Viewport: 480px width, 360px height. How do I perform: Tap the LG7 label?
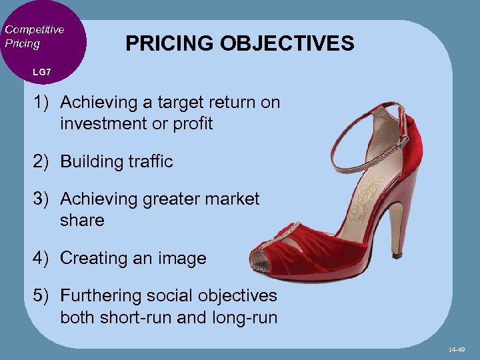point(41,71)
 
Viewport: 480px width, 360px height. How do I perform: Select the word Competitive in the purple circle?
point(35,29)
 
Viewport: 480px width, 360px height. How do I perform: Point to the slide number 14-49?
point(457,349)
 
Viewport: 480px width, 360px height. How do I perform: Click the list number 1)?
point(42,103)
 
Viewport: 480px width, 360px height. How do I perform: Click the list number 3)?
point(42,199)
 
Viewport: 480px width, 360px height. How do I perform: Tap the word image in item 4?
point(183,259)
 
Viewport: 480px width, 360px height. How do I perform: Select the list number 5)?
point(42,295)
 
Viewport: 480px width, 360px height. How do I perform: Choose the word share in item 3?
point(82,220)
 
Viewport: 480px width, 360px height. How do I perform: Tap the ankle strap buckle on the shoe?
point(403,141)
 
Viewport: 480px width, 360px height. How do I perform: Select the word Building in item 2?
point(91,161)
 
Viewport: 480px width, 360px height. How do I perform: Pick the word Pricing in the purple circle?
point(23,44)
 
